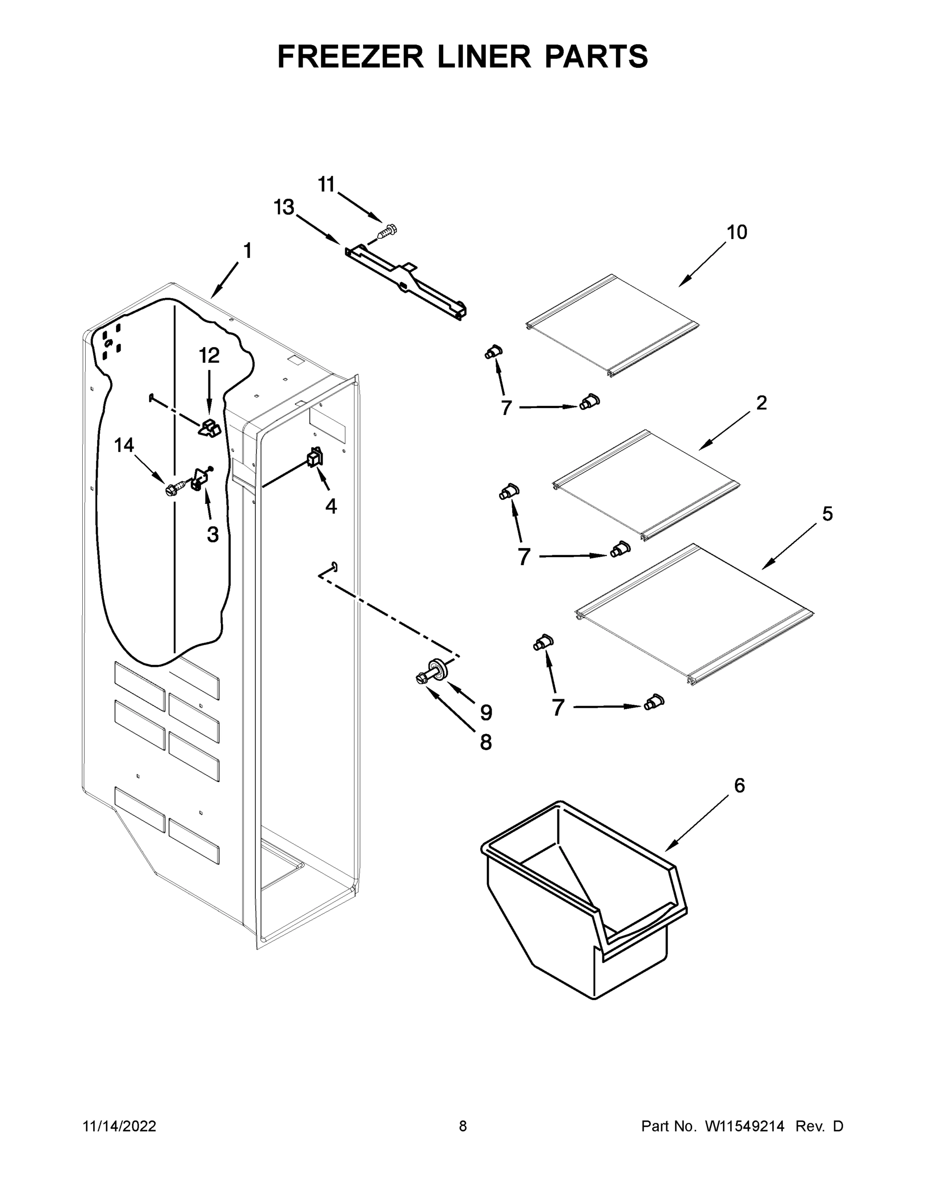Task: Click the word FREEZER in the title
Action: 351,56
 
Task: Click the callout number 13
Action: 284,207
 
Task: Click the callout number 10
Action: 737,232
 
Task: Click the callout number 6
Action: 739,786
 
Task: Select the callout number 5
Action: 827,514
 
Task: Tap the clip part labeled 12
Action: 209,427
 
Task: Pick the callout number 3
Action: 212,534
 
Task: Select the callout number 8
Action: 486,743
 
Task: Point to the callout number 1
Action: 247,251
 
